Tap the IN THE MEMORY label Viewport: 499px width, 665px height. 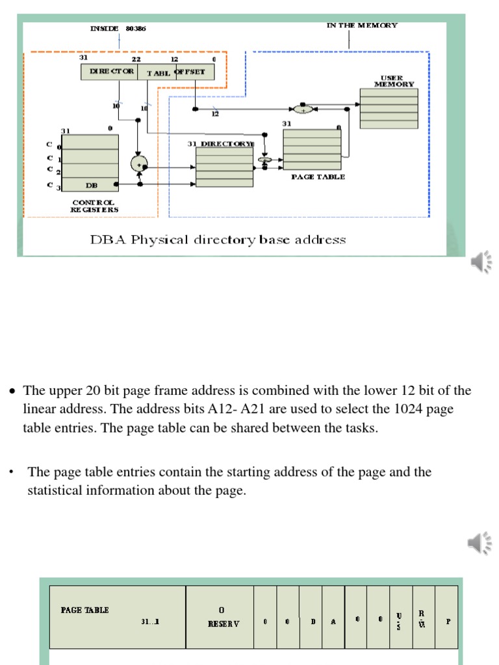(x=362, y=25)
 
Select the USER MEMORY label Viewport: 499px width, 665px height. (x=394, y=81)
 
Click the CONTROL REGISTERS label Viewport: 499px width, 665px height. (x=94, y=206)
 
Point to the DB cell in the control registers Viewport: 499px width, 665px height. (x=92, y=185)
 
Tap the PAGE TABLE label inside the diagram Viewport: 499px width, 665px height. (x=318, y=177)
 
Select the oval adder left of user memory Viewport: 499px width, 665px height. (x=303, y=109)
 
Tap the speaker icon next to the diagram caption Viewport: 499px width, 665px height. (x=481, y=262)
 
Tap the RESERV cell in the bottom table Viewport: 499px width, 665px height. (x=220, y=617)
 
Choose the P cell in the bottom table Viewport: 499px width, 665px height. (x=447, y=621)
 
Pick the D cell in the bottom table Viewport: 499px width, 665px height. (x=313, y=621)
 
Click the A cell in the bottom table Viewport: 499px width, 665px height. (x=333, y=621)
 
